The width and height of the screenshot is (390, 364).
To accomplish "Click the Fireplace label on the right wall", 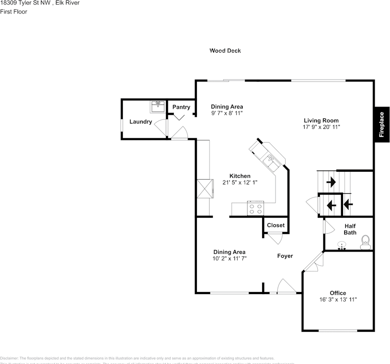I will click(x=382, y=124).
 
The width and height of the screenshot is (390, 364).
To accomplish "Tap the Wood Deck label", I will click(x=225, y=50).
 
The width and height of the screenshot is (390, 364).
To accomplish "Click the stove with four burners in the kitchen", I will click(x=255, y=208).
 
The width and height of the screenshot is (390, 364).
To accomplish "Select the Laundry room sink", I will click(x=158, y=107).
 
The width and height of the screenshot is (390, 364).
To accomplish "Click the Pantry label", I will click(x=181, y=107).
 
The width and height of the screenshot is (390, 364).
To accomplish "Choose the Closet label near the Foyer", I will click(x=276, y=225).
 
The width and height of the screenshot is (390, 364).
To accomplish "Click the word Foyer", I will click(x=285, y=256).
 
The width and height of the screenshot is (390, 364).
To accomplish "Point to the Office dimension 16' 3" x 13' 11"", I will click(x=338, y=300).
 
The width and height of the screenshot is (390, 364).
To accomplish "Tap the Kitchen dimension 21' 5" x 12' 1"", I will click(x=240, y=182).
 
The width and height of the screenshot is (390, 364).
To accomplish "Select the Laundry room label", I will click(x=140, y=122).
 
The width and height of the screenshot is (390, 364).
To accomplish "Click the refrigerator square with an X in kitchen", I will click(x=204, y=188).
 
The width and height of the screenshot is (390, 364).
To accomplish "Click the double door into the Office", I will click(x=313, y=263).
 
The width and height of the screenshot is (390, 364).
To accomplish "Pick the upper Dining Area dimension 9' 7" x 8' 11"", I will click(x=227, y=113).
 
